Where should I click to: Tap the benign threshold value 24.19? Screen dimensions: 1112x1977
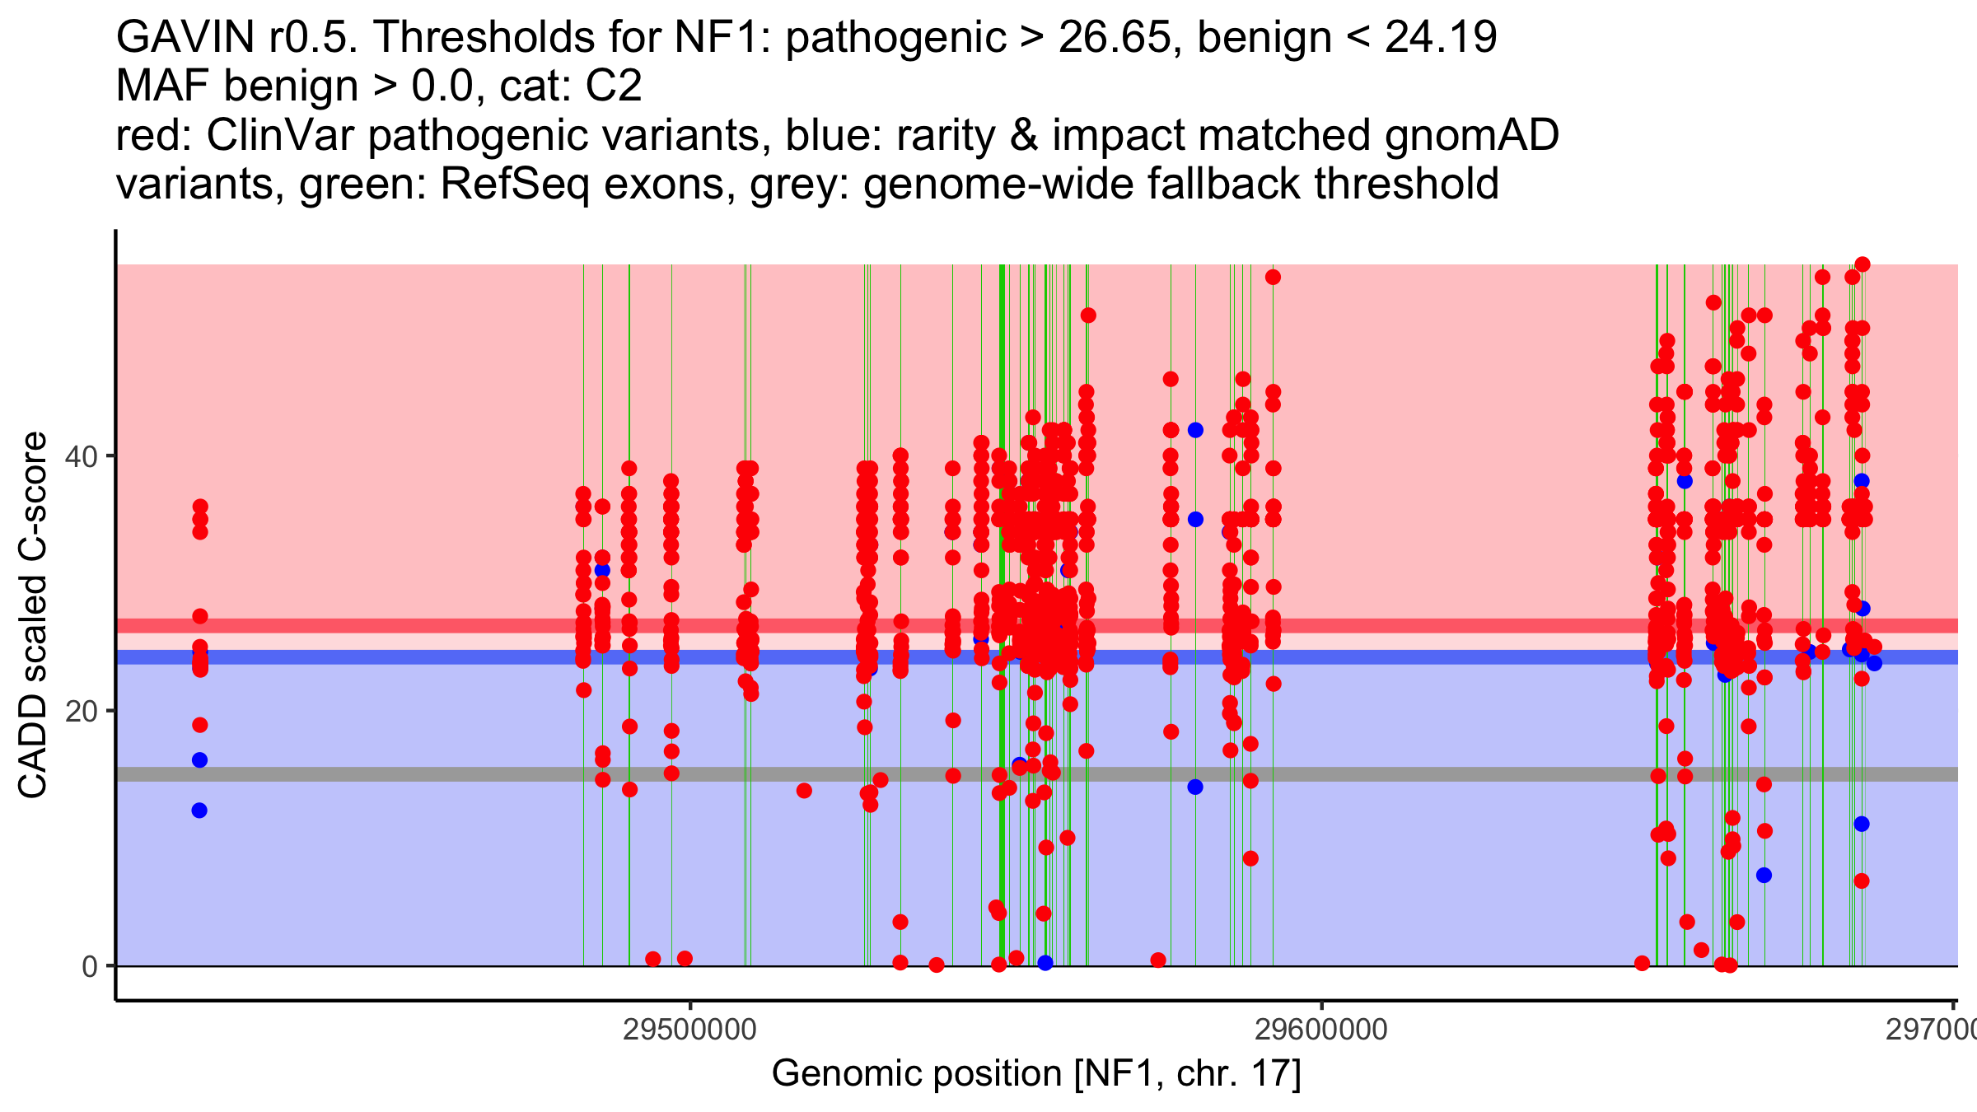tap(1441, 38)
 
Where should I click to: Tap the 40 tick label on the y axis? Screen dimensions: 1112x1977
tap(82, 456)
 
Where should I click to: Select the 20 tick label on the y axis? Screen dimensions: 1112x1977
tap(82, 711)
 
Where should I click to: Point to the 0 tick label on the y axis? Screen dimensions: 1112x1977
tap(90, 966)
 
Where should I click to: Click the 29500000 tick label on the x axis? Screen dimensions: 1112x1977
tap(689, 1030)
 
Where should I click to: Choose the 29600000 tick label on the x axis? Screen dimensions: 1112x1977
tap(1321, 1030)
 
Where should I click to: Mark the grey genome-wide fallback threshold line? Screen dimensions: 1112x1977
tap(494, 774)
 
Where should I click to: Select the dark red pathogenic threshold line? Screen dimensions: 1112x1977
tap(494, 626)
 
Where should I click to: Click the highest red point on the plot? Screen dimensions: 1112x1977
tap(1862, 264)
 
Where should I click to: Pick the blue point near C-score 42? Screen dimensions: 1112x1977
tap(1195, 430)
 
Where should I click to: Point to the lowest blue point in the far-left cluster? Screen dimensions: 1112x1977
tap(199, 811)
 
